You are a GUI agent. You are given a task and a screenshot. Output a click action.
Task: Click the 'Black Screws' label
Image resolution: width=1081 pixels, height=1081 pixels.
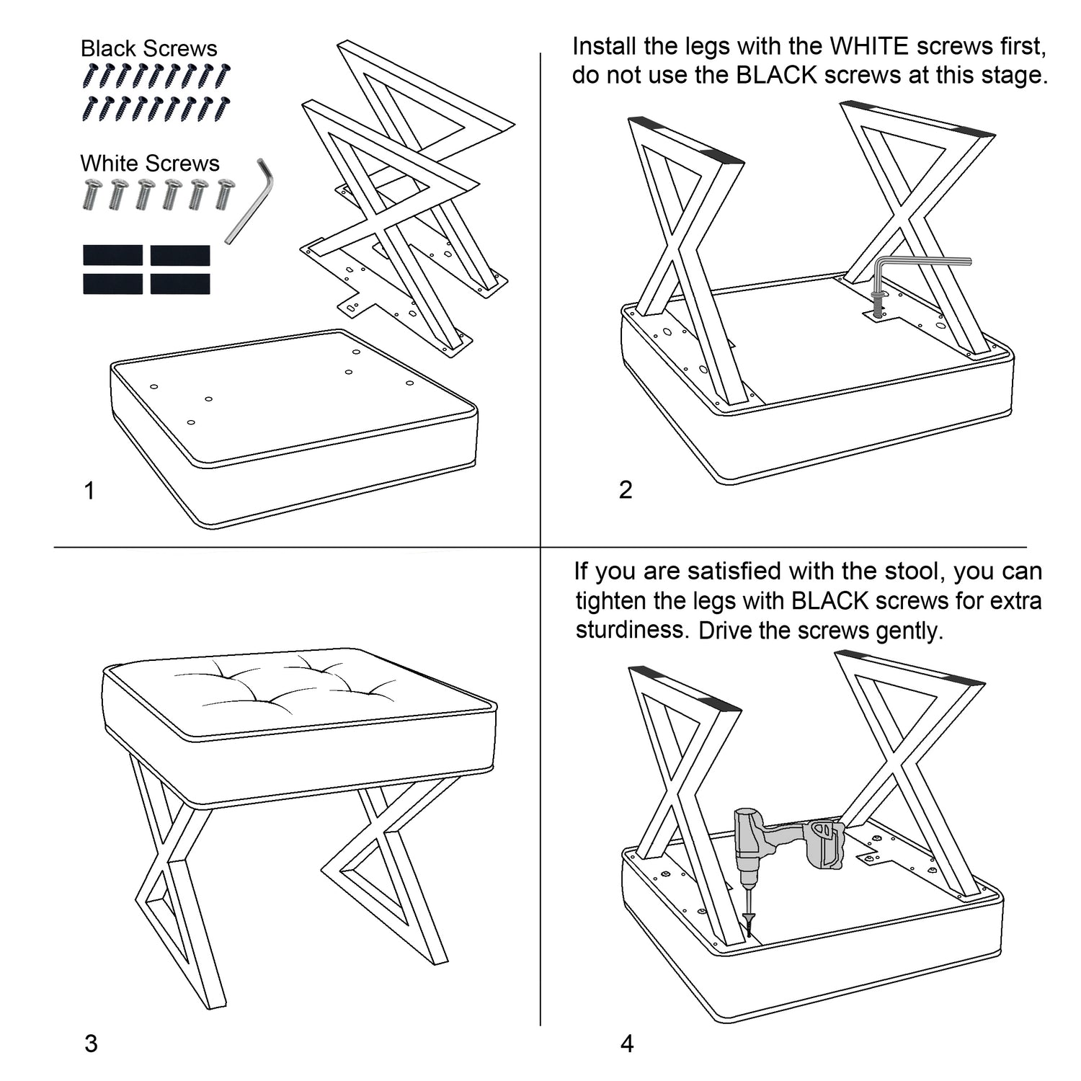(x=148, y=48)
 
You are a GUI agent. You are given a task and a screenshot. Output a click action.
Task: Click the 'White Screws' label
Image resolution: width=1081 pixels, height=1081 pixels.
(x=150, y=163)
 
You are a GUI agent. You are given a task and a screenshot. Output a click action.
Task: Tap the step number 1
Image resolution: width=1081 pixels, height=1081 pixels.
(x=89, y=491)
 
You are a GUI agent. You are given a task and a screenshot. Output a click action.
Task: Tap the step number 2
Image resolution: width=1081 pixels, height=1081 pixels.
(x=626, y=490)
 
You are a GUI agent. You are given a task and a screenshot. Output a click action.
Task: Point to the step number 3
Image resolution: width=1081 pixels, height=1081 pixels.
(x=91, y=1044)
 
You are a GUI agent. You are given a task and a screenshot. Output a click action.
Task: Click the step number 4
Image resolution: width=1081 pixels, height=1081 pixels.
(x=627, y=1044)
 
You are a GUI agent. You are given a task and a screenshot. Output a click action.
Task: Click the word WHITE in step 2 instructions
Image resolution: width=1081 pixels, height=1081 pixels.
(x=869, y=47)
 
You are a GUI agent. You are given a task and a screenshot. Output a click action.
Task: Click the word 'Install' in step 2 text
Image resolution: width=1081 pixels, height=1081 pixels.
(x=604, y=47)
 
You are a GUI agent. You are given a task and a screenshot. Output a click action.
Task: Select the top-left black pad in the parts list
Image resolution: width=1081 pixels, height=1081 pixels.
(x=113, y=255)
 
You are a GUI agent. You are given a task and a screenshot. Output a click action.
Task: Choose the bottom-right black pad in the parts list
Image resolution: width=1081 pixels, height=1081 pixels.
(x=180, y=284)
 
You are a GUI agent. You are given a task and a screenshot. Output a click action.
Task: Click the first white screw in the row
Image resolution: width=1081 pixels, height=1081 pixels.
(x=91, y=193)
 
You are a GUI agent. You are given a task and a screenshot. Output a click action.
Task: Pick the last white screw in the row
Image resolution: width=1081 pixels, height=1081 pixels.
(x=225, y=193)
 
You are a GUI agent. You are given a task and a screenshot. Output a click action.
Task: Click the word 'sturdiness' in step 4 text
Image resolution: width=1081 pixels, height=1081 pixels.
(x=631, y=630)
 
